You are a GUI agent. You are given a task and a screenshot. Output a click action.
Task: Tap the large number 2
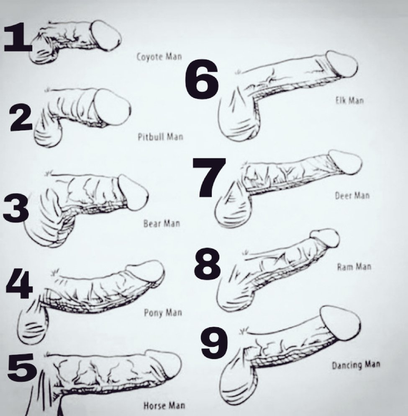tap(21, 118)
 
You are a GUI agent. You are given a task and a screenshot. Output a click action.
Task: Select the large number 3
tap(16, 208)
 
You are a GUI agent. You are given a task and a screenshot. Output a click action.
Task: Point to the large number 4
tap(19, 284)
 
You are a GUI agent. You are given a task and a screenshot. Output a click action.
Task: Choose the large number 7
tap(209, 178)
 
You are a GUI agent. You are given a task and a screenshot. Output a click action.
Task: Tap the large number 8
tap(207, 262)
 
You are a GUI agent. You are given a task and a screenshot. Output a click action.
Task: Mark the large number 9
tap(214, 342)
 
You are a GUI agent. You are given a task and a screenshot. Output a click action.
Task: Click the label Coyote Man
tap(159, 57)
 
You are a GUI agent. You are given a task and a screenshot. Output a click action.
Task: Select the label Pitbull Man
tap(161, 137)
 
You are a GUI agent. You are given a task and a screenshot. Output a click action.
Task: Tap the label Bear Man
tap(162, 223)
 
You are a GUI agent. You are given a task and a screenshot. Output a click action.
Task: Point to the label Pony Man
tap(163, 313)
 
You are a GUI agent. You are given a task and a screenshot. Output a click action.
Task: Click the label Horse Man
tap(164, 406)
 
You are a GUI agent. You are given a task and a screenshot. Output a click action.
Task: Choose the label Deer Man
tap(352, 196)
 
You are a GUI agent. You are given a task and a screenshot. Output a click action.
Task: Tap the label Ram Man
tap(354, 266)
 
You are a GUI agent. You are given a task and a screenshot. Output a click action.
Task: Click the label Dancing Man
tap(356, 365)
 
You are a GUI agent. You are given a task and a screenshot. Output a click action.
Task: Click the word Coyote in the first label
tap(149, 57)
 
